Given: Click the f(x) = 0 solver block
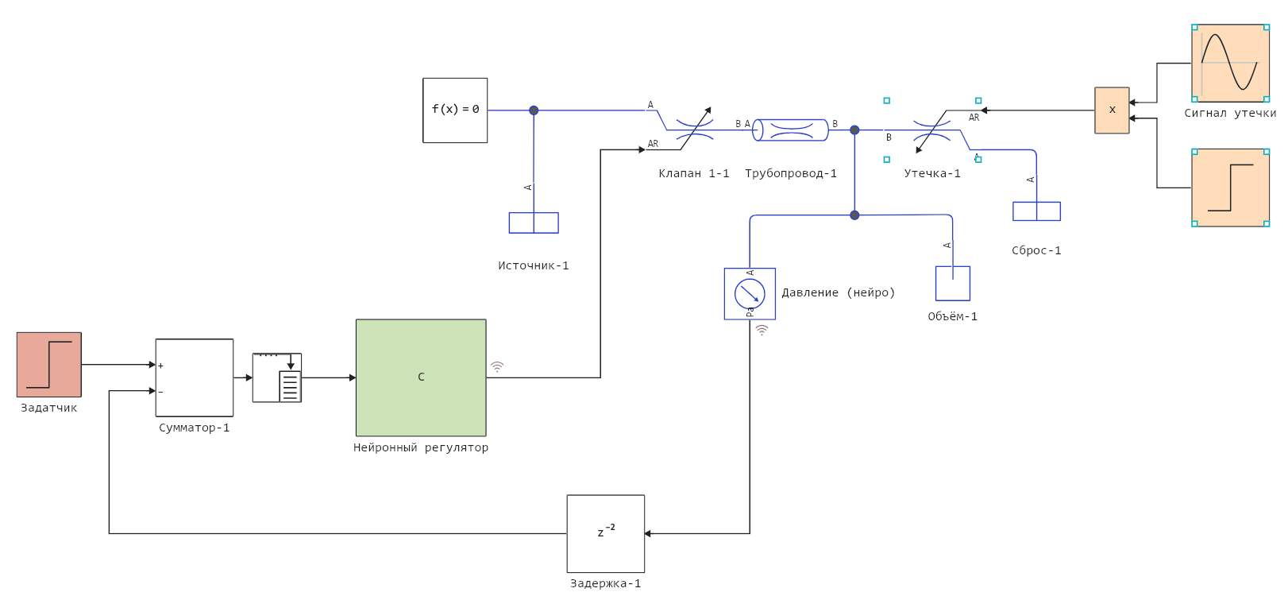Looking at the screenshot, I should pos(455,110).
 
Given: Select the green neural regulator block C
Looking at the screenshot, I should pos(421,377).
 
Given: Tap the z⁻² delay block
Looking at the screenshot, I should pos(606,533).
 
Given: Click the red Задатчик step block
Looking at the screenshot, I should pos(49,365).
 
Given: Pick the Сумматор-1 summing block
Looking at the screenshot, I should pos(195,377).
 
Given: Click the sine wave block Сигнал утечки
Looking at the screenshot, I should pos(1230,63).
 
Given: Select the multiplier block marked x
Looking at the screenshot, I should pos(1112,110).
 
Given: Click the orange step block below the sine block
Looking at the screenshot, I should pos(1230,188).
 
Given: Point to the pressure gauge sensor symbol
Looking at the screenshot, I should pos(750,294).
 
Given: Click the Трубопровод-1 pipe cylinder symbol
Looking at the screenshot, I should pos(791,130).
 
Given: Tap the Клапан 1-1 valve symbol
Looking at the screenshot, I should pos(694,130).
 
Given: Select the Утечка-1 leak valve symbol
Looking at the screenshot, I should pos(931,130).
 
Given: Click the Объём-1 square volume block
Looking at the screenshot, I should pos(953,284).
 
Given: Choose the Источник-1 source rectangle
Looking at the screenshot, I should pos(534,223).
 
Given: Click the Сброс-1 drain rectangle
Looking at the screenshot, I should pos(1036,211).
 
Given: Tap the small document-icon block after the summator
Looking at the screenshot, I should pos(277,377).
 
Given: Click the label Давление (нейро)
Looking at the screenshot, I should pos(839,292).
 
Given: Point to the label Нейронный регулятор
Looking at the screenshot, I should pos(421,447).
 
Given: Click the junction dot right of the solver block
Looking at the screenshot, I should pos(534,110).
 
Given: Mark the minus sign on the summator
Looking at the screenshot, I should pos(160,392).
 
